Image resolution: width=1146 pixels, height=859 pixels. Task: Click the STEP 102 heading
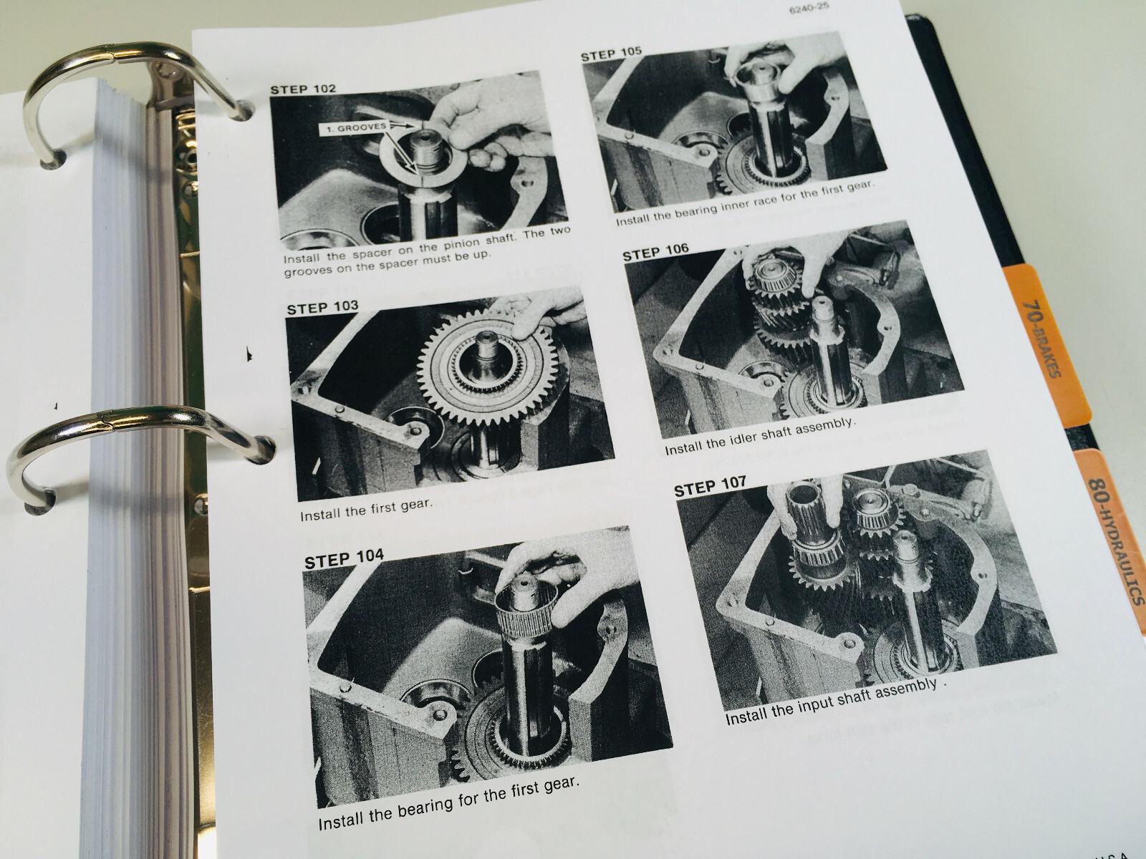click(302, 90)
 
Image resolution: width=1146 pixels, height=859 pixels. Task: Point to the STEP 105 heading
click(611, 54)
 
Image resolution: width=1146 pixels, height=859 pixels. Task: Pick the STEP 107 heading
click(711, 488)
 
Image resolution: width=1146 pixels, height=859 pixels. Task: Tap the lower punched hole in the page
click(266, 448)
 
